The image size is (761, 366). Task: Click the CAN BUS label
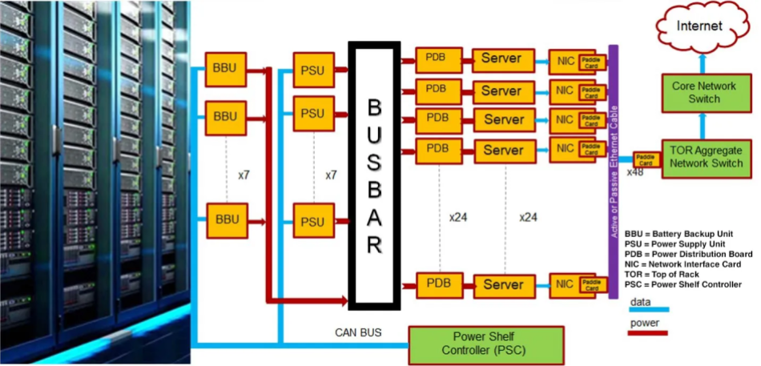[358, 332]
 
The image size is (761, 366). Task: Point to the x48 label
[634, 172]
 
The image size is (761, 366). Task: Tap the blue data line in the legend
[649, 308]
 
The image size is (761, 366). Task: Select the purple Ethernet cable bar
[614, 171]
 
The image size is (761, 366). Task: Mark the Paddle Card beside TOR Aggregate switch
[645, 159]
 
